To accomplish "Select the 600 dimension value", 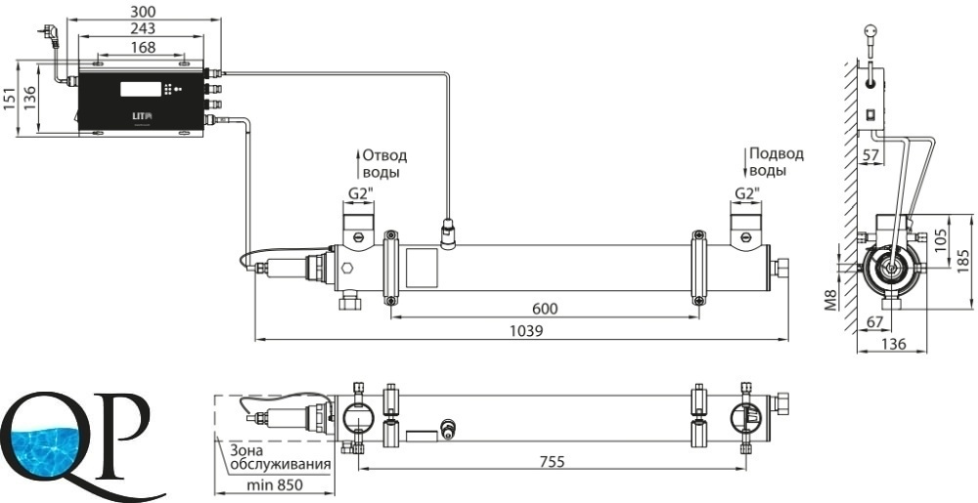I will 545,308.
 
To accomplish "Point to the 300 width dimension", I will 142,11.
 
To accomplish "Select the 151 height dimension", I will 9,98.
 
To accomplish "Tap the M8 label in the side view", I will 830,298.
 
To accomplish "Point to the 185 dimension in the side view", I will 965,262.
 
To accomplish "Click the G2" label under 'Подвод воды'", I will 748,193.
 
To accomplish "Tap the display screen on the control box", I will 139,89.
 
